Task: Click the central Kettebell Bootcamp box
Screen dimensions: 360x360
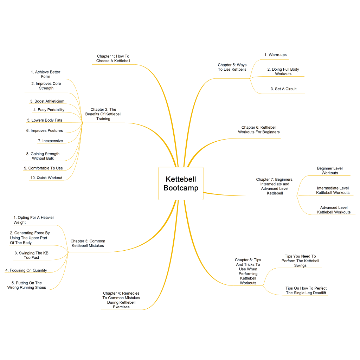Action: pos(181,184)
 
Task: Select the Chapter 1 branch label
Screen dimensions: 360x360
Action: pos(113,59)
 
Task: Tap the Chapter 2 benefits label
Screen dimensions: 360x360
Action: pos(103,114)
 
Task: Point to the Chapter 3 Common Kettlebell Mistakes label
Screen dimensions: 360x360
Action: pos(88,243)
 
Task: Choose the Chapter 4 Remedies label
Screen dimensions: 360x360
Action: pos(121,300)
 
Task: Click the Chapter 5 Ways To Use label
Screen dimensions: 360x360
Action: pos(232,67)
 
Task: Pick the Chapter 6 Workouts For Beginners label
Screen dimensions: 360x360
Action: pos(259,130)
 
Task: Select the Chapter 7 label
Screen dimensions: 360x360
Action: pos(275,186)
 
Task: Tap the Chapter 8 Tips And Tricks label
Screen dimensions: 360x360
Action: pos(248,271)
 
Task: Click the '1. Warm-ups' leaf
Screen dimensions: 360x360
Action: pos(276,55)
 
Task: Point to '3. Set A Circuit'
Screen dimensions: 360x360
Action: pos(284,89)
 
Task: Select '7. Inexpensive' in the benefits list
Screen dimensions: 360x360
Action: pos(50,141)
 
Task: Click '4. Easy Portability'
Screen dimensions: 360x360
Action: pos(49,110)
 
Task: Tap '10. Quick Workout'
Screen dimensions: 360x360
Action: pos(46,178)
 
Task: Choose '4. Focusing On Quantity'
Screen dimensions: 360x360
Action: pos(26,270)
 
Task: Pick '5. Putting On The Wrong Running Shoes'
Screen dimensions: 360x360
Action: pos(27,285)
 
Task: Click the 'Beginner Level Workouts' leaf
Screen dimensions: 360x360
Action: pos(330,171)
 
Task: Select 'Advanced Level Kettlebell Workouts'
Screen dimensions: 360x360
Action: pos(334,210)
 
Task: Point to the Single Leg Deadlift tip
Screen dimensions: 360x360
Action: pos(306,290)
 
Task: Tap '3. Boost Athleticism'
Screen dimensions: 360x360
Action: pos(47,101)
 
